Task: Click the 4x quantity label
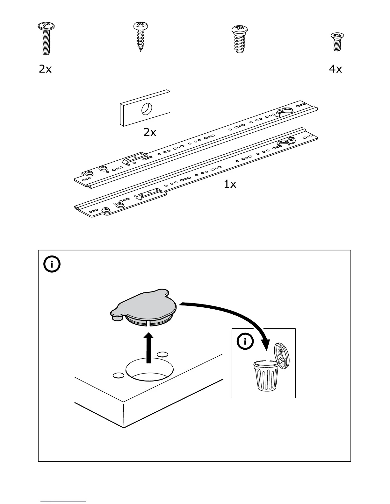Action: pyautogui.click(x=335, y=69)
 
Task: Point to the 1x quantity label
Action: pyautogui.click(x=230, y=184)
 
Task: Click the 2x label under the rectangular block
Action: pyautogui.click(x=150, y=132)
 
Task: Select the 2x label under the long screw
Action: pyautogui.click(x=45, y=69)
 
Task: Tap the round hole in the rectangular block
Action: pyautogui.click(x=146, y=109)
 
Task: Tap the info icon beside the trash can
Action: pyautogui.click(x=245, y=342)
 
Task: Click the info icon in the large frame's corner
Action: pyautogui.click(x=52, y=264)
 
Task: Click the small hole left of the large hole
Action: pyautogui.click(x=119, y=375)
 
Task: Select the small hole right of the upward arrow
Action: pyautogui.click(x=163, y=354)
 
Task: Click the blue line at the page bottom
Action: pyautogui.click(x=63, y=501)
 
